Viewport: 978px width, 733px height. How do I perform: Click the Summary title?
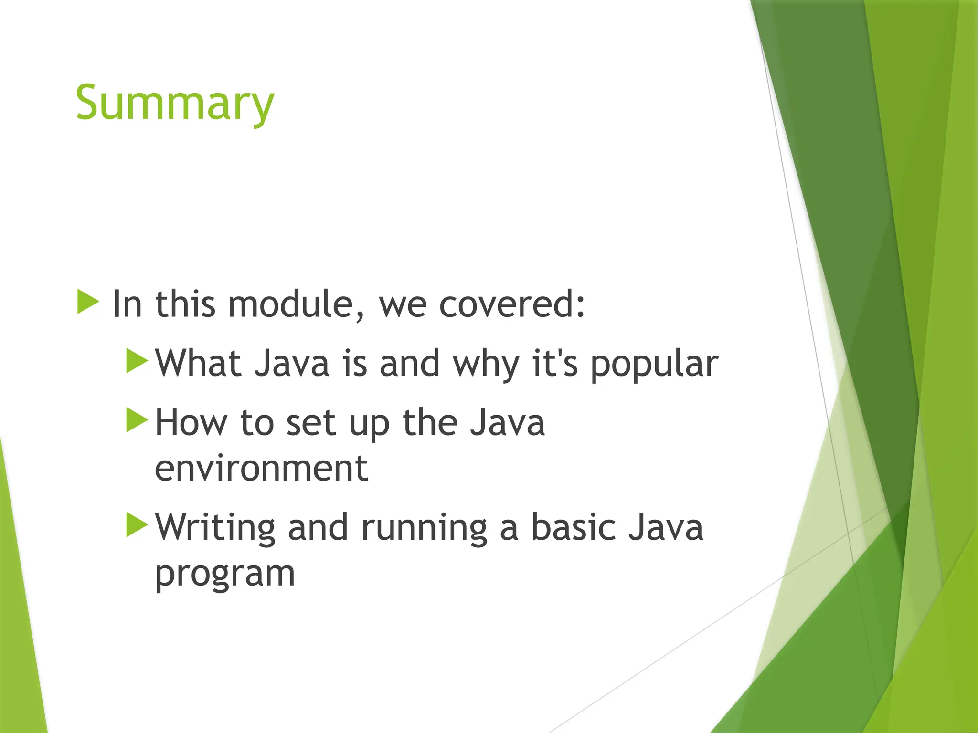(175, 103)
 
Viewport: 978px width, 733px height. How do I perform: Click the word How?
(191, 423)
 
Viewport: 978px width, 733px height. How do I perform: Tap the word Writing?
(215, 528)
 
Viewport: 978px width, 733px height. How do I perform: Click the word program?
(225, 574)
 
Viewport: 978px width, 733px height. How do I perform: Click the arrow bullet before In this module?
(88, 302)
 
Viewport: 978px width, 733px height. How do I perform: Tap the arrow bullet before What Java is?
(137, 361)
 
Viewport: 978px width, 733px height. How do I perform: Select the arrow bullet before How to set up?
(137, 420)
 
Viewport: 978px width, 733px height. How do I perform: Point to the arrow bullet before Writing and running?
(137, 525)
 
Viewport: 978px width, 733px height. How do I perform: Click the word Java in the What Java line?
(291, 364)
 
